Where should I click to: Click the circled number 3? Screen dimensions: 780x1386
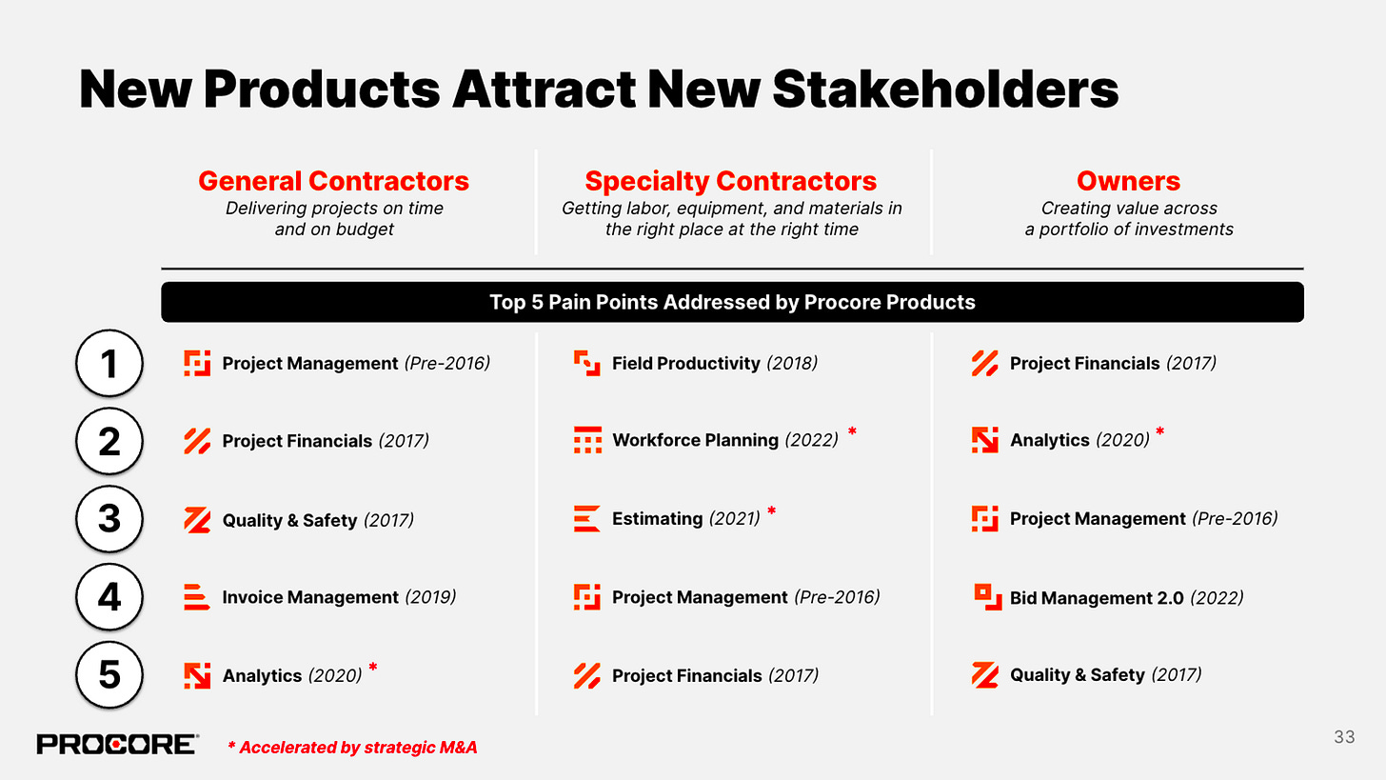pos(109,519)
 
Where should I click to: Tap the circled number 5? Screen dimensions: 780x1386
pos(109,674)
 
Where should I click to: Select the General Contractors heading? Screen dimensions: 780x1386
pos(333,181)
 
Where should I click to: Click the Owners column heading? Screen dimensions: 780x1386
pos(1128,181)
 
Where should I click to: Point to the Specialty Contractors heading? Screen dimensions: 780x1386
pos(730,181)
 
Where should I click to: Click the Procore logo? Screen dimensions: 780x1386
pos(117,745)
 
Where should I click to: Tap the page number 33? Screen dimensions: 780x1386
pos(1344,737)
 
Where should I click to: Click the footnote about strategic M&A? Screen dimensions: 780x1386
pos(352,748)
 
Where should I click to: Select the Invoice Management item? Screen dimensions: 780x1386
pos(309,597)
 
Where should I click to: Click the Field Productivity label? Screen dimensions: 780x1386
pos(685,363)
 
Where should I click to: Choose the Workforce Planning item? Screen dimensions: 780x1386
pos(695,440)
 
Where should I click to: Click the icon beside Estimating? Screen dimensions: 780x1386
pos(586,518)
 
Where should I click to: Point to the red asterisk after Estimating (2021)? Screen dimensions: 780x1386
pos(771,512)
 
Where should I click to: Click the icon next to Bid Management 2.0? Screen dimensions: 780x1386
pos(984,595)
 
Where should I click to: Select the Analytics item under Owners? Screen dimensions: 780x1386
pos(1049,440)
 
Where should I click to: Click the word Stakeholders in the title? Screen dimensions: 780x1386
pos(944,90)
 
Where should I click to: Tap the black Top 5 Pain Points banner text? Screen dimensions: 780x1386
pos(731,302)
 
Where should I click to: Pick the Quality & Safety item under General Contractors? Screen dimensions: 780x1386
pos(288,520)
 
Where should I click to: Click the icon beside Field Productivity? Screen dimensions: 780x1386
pos(586,363)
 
